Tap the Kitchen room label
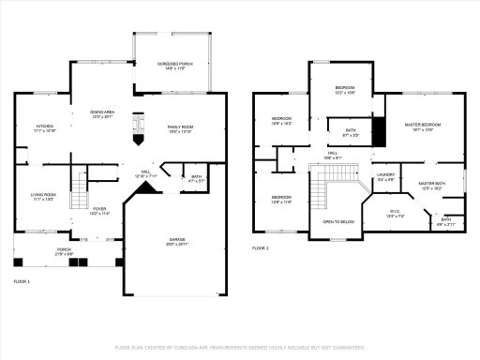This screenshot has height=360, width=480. pyautogui.click(x=45, y=127)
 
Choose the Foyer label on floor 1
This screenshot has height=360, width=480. pyautogui.click(x=99, y=212)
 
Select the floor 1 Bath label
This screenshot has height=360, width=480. pyautogui.click(x=196, y=178)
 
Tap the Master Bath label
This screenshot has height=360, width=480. pyautogui.click(x=431, y=186)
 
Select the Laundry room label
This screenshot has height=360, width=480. pyautogui.click(x=385, y=176)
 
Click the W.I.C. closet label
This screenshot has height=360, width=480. pyautogui.click(x=395, y=213)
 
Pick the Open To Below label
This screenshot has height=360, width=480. pyautogui.click(x=337, y=222)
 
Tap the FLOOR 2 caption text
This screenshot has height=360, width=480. pyautogui.click(x=261, y=248)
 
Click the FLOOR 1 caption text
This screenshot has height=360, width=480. pyautogui.click(x=22, y=281)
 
